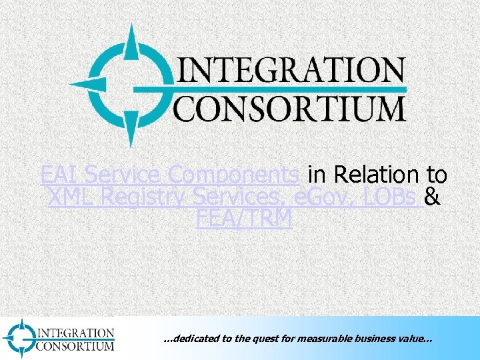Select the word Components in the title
tap(234, 175)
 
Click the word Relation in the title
tap(377, 175)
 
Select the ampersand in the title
tap(432, 197)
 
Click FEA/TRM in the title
tap(245, 219)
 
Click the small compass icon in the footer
tap(19, 337)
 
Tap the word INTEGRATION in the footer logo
tap(76, 332)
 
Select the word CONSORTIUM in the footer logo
tap(75, 345)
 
